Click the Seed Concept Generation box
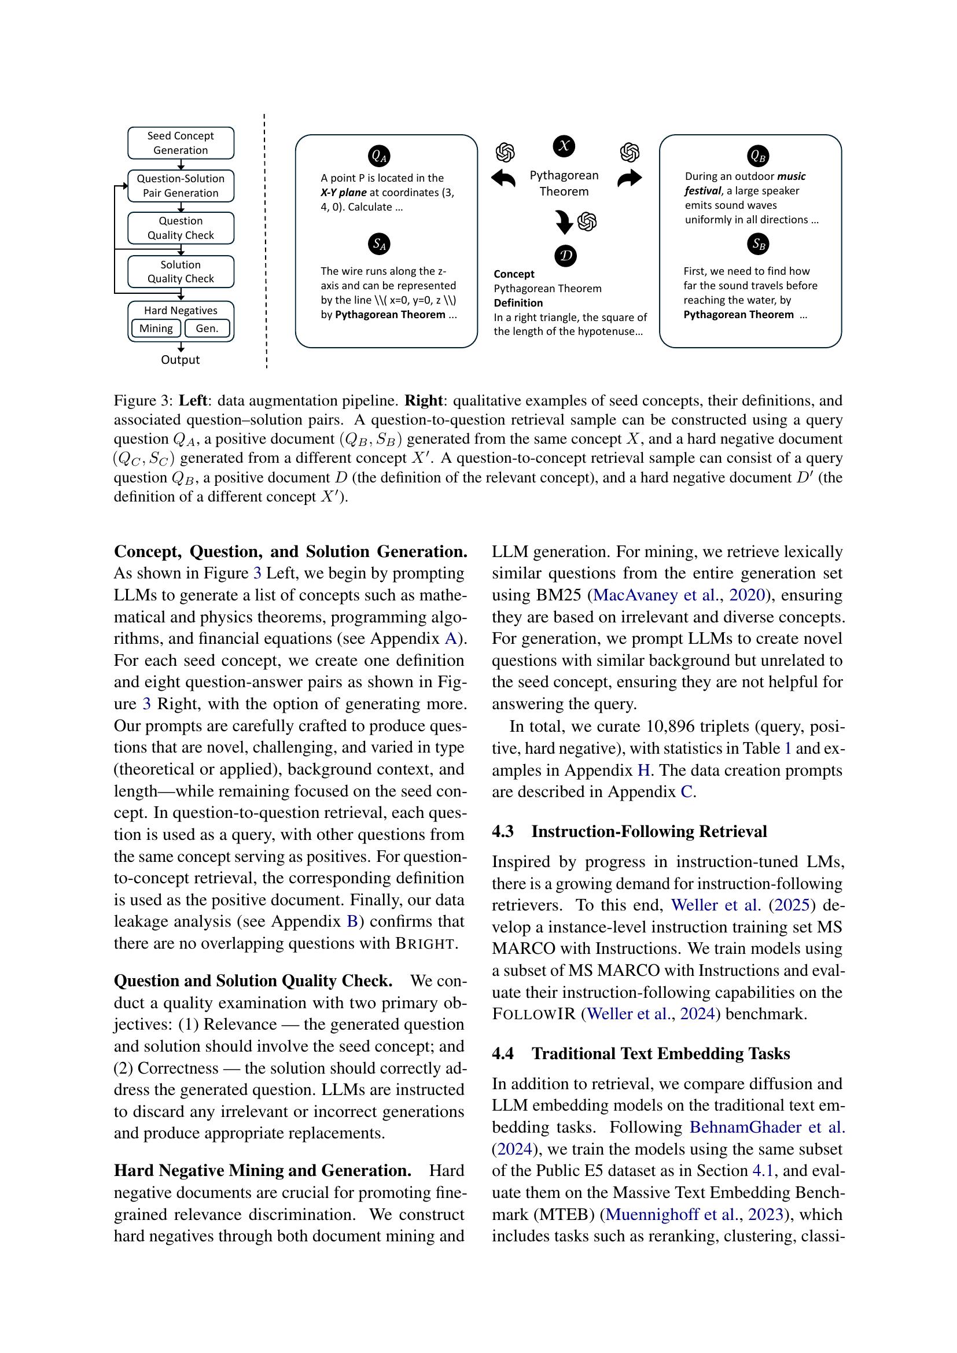pyautogui.click(x=181, y=143)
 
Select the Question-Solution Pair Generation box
pyautogui.click(x=181, y=186)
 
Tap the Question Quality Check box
pyautogui.click(x=181, y=228)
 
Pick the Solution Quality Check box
pyautogui.click(x=181, y=272)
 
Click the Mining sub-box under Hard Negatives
pyautogui.click(x=156, y=328)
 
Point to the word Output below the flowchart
pyautogui.click(x=181, y=359)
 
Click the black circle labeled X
pyautogui.click(x=564, y=146)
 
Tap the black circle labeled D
pyautogui.click(x=565, y=256)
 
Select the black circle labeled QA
pyautogui.click(x=378, y=156)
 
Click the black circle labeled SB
pyautogui.click(x=758, y=244)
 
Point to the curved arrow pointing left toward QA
pyautogui.click(x=503, y=178)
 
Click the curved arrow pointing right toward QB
pyautogui.click(x=630, y=178)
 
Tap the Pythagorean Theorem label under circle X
pyautogui.click(x=564, y=183)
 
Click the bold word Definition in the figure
pyautogui.click(x=518, y=303)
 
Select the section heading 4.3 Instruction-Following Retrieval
pyautogui.click(x=629, y=831)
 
